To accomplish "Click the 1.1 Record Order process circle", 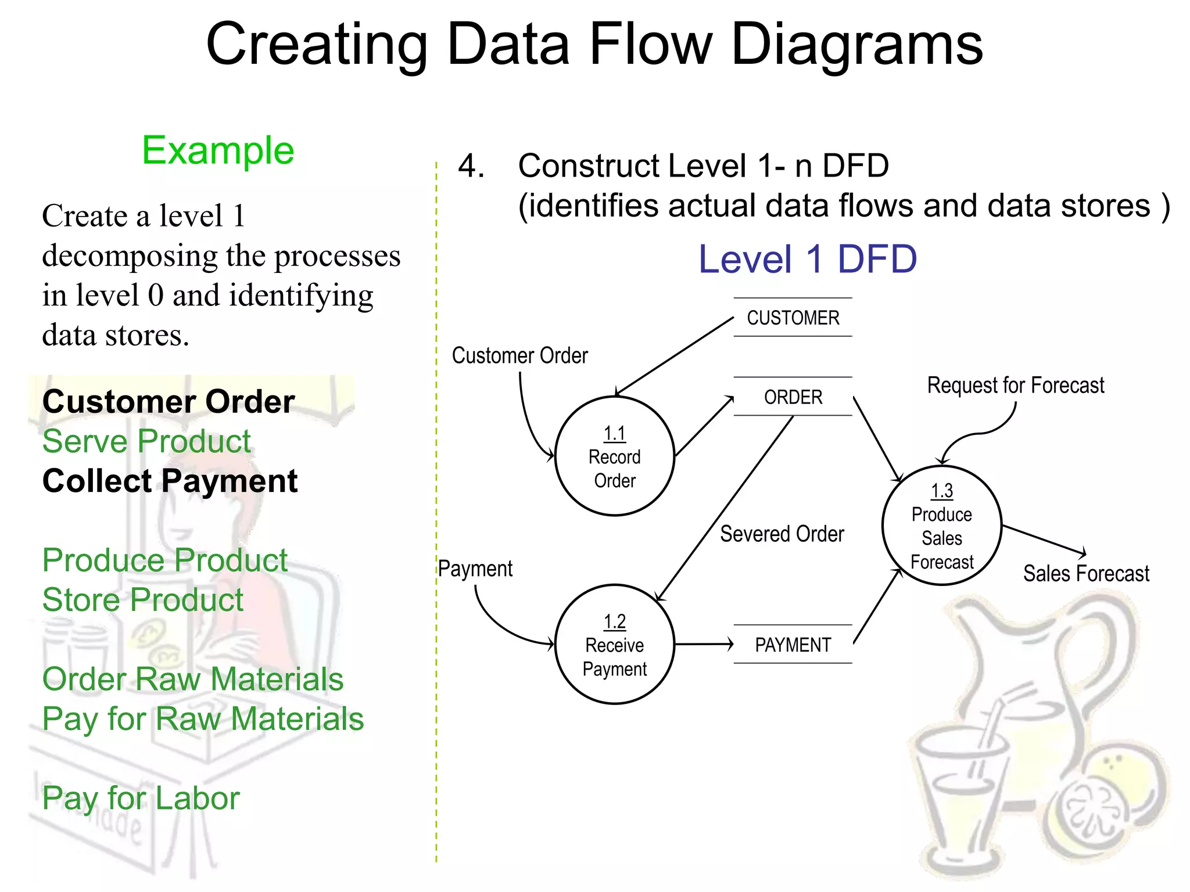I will point(614,456).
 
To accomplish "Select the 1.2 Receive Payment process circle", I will point(614,645).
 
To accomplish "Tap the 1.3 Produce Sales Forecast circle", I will point(941,526).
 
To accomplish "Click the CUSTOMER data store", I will point(793,318).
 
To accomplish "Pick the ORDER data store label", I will point(793,397).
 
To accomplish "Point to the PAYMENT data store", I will point(793,645).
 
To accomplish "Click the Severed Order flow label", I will point(782,534).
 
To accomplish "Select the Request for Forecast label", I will point(1015,386).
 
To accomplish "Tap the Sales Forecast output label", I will point(1085,574).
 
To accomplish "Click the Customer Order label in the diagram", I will point(519,355).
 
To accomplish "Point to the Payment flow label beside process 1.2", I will point(475,569).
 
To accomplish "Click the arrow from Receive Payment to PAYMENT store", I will point(703,644).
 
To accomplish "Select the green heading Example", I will point(218,150).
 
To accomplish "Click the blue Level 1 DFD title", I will point(807,259).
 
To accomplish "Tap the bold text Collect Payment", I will point(170,481).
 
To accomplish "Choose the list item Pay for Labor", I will point(141,798).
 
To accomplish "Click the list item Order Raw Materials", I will point(192,679).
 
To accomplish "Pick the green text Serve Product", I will point(146,441).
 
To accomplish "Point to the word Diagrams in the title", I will point(856,45).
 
